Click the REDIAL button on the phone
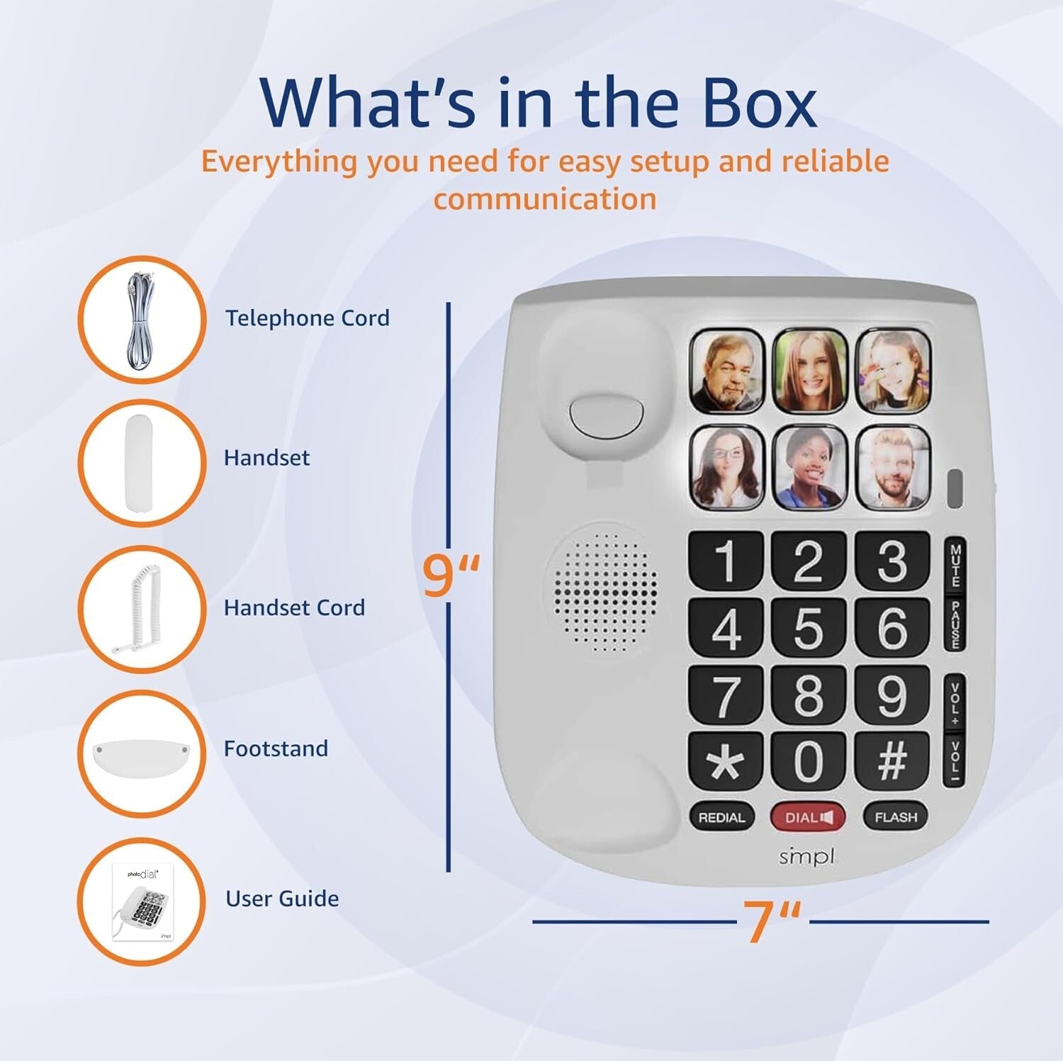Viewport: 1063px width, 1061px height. tap(721, 817)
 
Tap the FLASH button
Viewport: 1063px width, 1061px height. tap(895, 817)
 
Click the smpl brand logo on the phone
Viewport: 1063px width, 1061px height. tap(806, 857)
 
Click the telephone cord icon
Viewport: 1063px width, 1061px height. tap(141, 319)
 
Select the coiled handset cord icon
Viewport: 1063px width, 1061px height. tap(141, 609)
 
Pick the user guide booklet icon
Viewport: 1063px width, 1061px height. tap(141, 901)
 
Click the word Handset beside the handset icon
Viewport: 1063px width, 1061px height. tap(266, 458)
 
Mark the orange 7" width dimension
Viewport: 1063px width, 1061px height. tap(772, 921)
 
